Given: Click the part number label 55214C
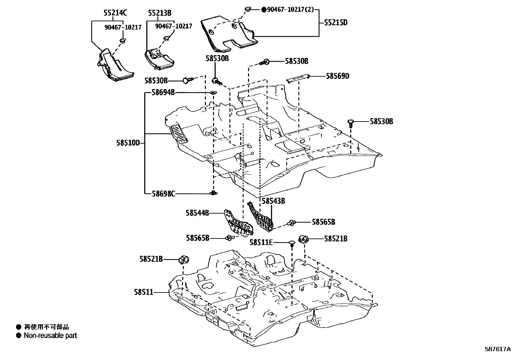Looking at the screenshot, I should pos(115,13).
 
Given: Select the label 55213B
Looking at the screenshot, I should pos(159,13).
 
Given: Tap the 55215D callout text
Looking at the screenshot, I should pos(336,23).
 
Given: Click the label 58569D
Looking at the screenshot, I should pos(337,76).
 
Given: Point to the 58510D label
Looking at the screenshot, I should pos(128,143).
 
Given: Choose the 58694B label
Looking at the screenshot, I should pos(163,93).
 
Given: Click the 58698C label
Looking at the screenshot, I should pos(163,194).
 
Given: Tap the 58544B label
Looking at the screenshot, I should pos(197,213).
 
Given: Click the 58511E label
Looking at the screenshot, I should pos(261,242).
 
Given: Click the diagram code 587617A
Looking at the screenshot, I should pos(497,349).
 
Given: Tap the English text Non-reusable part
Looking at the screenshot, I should pos(50,335).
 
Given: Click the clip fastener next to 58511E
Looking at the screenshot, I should pos(292,243).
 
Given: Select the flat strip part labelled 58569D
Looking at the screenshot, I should pos(298,79).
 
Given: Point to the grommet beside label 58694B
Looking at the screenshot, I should pos(213,93).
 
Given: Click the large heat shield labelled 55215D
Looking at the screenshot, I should pos(229,34).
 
